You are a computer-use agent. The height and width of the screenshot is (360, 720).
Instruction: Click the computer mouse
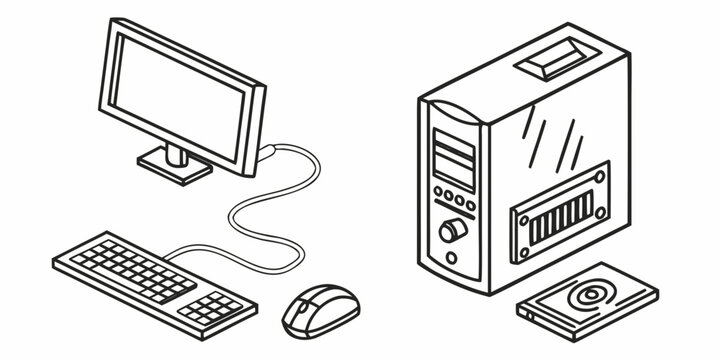(x=320, y=311)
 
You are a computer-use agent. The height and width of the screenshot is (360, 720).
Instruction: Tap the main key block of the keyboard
(x=133, y=268)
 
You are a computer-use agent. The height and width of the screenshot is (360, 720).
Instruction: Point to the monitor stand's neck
(x=176, y=153)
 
